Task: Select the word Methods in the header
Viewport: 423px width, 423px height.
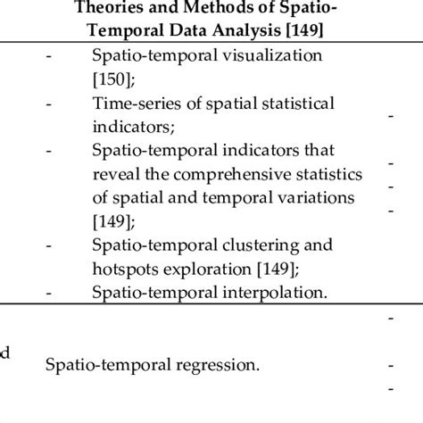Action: click(213, 11)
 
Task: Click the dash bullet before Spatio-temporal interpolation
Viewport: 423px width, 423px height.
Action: click(48, 290)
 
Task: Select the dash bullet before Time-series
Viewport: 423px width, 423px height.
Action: click(48, 103)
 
